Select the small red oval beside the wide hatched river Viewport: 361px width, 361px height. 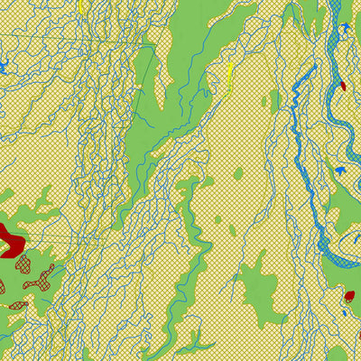[343, 86]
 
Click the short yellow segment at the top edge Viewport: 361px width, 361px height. [80, 5]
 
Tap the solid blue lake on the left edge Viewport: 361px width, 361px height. [3, 66]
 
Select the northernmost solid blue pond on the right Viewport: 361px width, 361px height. [344, 27]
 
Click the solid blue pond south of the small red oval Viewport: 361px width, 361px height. [340, 169]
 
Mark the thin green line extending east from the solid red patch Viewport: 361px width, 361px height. [54, 236]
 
